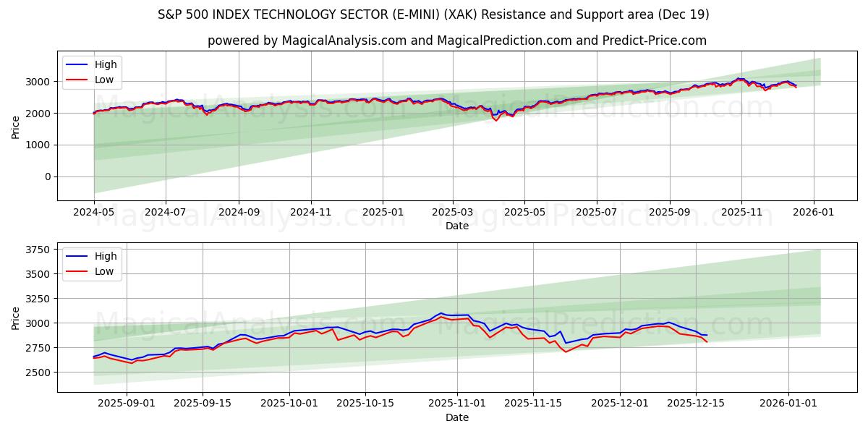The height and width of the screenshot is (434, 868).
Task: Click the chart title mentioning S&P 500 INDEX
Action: point(433,14)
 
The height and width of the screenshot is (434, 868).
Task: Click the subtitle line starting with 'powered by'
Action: point(456,41)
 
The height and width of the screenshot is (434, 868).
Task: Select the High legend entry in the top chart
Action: point(106,65)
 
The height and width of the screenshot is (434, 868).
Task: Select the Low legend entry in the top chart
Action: point(104,80)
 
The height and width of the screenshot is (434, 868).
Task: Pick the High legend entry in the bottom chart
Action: point(106,257)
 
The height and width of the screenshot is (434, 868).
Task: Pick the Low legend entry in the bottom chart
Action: point(104,271)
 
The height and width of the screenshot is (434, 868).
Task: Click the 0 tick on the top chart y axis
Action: point(47,176)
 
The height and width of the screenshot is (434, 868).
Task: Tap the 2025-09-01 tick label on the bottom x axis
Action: point(127,404)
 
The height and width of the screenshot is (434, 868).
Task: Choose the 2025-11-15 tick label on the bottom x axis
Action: point(533,404)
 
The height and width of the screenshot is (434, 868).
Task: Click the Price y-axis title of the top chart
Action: point(16,126)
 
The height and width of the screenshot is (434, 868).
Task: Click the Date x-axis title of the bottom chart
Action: point(456,417)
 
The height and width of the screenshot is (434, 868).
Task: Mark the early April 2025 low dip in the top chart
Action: point(496,120)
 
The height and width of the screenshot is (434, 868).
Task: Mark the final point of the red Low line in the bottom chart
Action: point(707,341)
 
